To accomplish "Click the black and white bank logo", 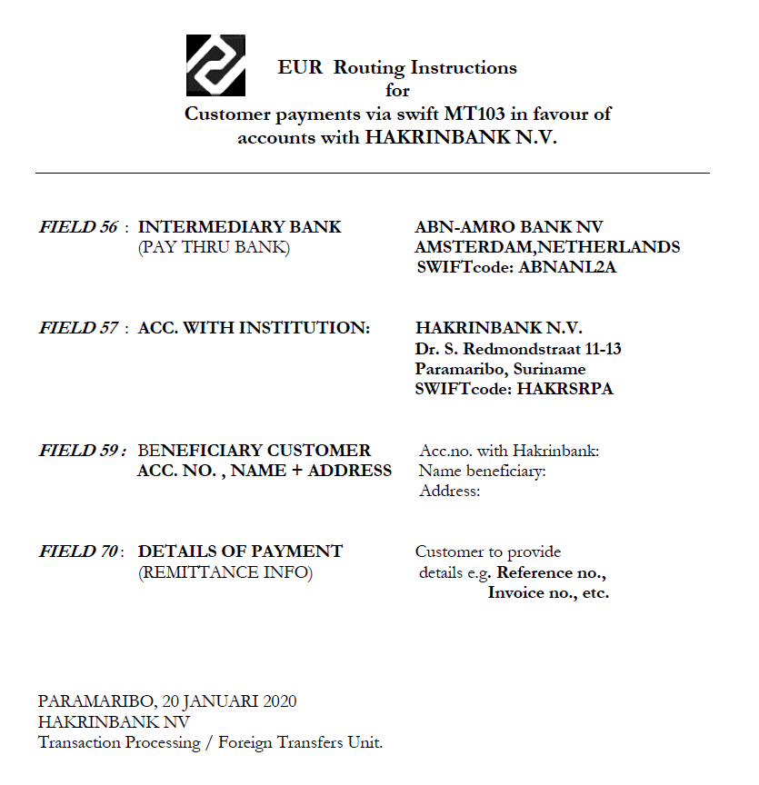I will [x=215, y=65].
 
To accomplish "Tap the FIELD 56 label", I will [x=78, y=227].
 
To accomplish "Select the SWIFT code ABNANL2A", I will [x=568, y=267].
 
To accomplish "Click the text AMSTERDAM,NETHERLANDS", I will [x=547, y=247].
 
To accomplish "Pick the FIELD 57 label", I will [x=78, y=328].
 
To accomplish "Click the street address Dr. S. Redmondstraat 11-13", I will [x=518, y=349].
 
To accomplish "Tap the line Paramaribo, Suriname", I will [x=500, y=369].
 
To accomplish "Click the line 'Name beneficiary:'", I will [x=482, y=471].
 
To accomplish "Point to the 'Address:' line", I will [x=449, y=492].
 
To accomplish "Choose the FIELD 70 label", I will [x=78, y=551].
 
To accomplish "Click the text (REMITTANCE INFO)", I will [x=225, y=572].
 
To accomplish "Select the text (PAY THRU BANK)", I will [x=214, y=247].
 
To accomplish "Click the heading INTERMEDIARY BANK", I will [x=240, y=227].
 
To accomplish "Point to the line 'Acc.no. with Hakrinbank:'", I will [x=509, y=451].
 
